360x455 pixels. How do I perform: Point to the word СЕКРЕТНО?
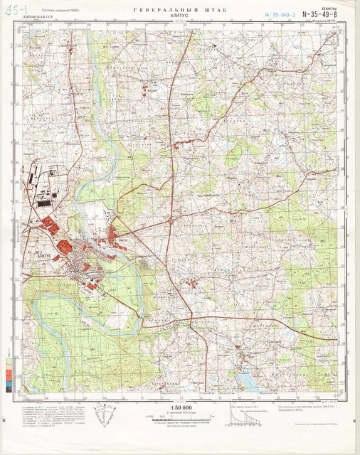[x=329, y=6]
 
